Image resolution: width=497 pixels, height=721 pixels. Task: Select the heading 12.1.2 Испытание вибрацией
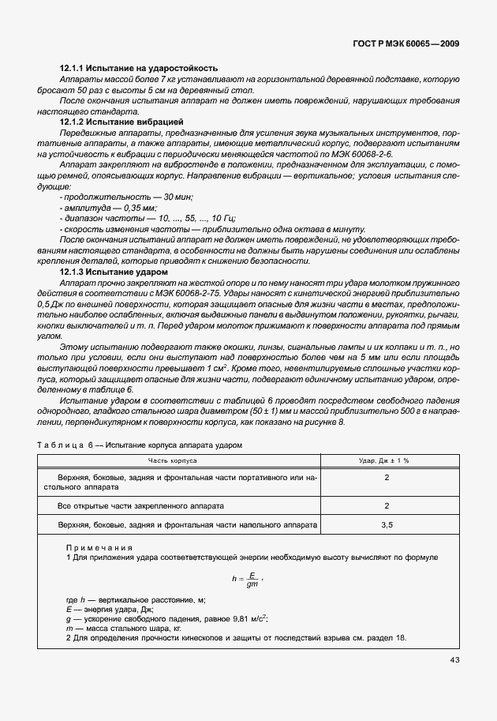(122, 124)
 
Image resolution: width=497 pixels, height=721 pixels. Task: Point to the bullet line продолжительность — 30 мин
(127, 196)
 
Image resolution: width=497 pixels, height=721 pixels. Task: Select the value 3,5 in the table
(386, 524)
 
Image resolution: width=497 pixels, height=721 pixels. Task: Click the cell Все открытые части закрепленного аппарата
(141, 505)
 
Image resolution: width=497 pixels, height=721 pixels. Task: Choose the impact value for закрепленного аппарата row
(386, 505)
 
